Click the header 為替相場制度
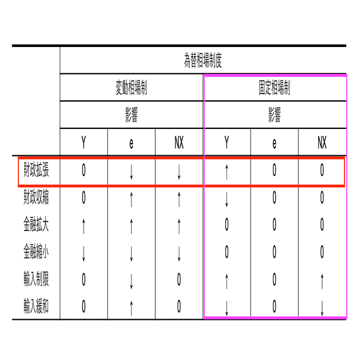coord(203,60)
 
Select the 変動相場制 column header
coord(131,88)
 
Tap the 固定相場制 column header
coord(274,88)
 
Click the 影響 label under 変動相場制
coord(131,115)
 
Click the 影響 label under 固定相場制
coord(274,115)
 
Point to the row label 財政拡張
coord(36,171)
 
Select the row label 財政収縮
coord(36,198)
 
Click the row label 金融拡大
coord(36,225)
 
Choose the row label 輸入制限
coord(36,280)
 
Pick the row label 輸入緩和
coord(36,307)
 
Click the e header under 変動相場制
coord(131,143)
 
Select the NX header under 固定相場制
coord(322,143)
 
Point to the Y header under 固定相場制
coord(226,143)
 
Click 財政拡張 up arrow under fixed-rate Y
coord(226,171)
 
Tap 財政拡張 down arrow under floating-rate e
coord(131,171)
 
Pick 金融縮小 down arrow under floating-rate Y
coord(84,252)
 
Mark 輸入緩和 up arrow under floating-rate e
coord(131,307)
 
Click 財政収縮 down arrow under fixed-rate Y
coord(226,198)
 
